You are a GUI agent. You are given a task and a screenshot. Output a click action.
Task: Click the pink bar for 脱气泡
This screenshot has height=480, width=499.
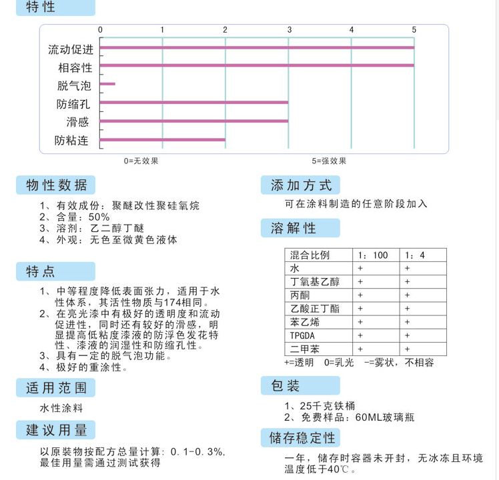[x=107, y=84]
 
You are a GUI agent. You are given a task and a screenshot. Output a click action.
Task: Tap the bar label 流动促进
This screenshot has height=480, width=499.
[x=71, y=50]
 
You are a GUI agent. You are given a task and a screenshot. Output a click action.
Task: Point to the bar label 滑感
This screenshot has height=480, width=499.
[x=77, y=122]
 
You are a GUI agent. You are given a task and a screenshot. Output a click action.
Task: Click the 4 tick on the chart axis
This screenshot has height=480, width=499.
[x=352, y=29]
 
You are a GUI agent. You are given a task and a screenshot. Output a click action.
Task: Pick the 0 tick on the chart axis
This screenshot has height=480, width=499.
[x=101, y=29]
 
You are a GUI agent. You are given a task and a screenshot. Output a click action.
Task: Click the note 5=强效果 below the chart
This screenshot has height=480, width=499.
[x=329, y=161]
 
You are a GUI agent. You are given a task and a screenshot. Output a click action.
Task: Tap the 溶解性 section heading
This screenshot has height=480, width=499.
[x=294, y=228]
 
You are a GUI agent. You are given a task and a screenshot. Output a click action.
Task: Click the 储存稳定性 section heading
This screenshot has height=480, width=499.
[x=302, y=437]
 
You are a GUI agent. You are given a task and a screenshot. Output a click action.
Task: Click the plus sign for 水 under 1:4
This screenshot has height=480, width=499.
[x=407, y=268]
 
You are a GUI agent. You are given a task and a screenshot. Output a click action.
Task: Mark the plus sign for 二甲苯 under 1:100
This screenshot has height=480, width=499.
[x=360, y=348]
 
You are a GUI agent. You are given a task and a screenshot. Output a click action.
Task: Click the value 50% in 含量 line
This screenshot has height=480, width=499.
[x=98, y=217]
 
